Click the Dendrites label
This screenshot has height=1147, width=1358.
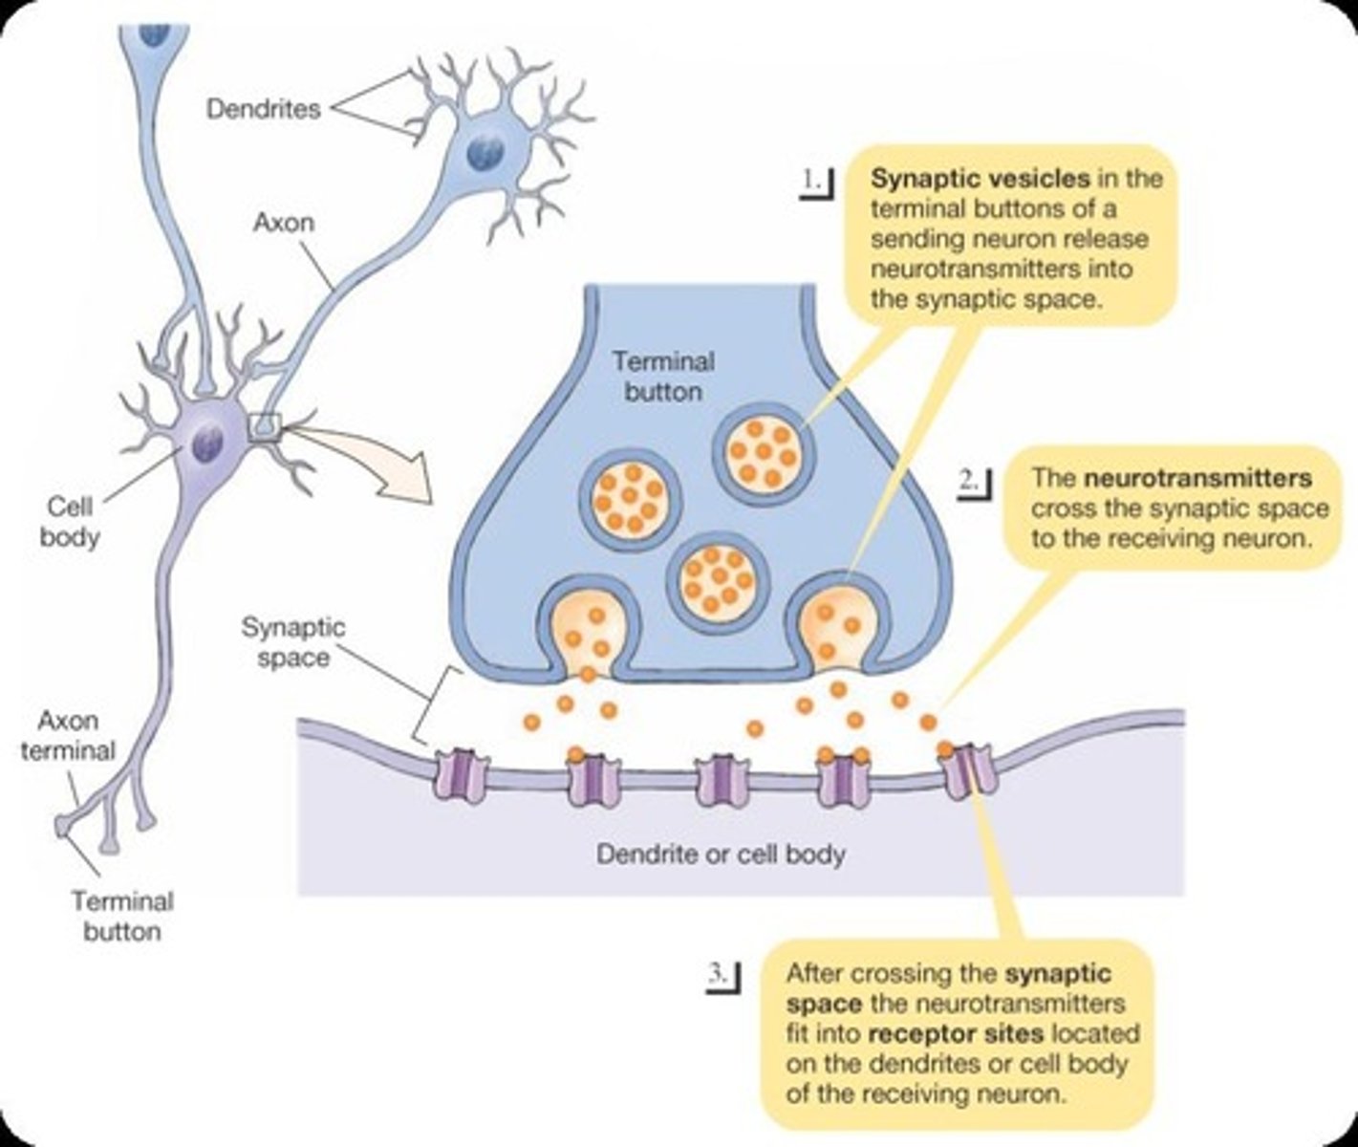[263, 109]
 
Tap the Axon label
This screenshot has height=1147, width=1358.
[283, 223]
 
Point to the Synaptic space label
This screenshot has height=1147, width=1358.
[292, 642]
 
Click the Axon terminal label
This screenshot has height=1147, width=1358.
[67, 735]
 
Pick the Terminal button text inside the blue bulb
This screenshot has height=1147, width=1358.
[663, 377]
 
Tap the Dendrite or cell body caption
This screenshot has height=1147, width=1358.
[721, 854]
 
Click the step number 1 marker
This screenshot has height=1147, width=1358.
[815, 181]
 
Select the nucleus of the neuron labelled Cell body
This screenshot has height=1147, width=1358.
[207, 443]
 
